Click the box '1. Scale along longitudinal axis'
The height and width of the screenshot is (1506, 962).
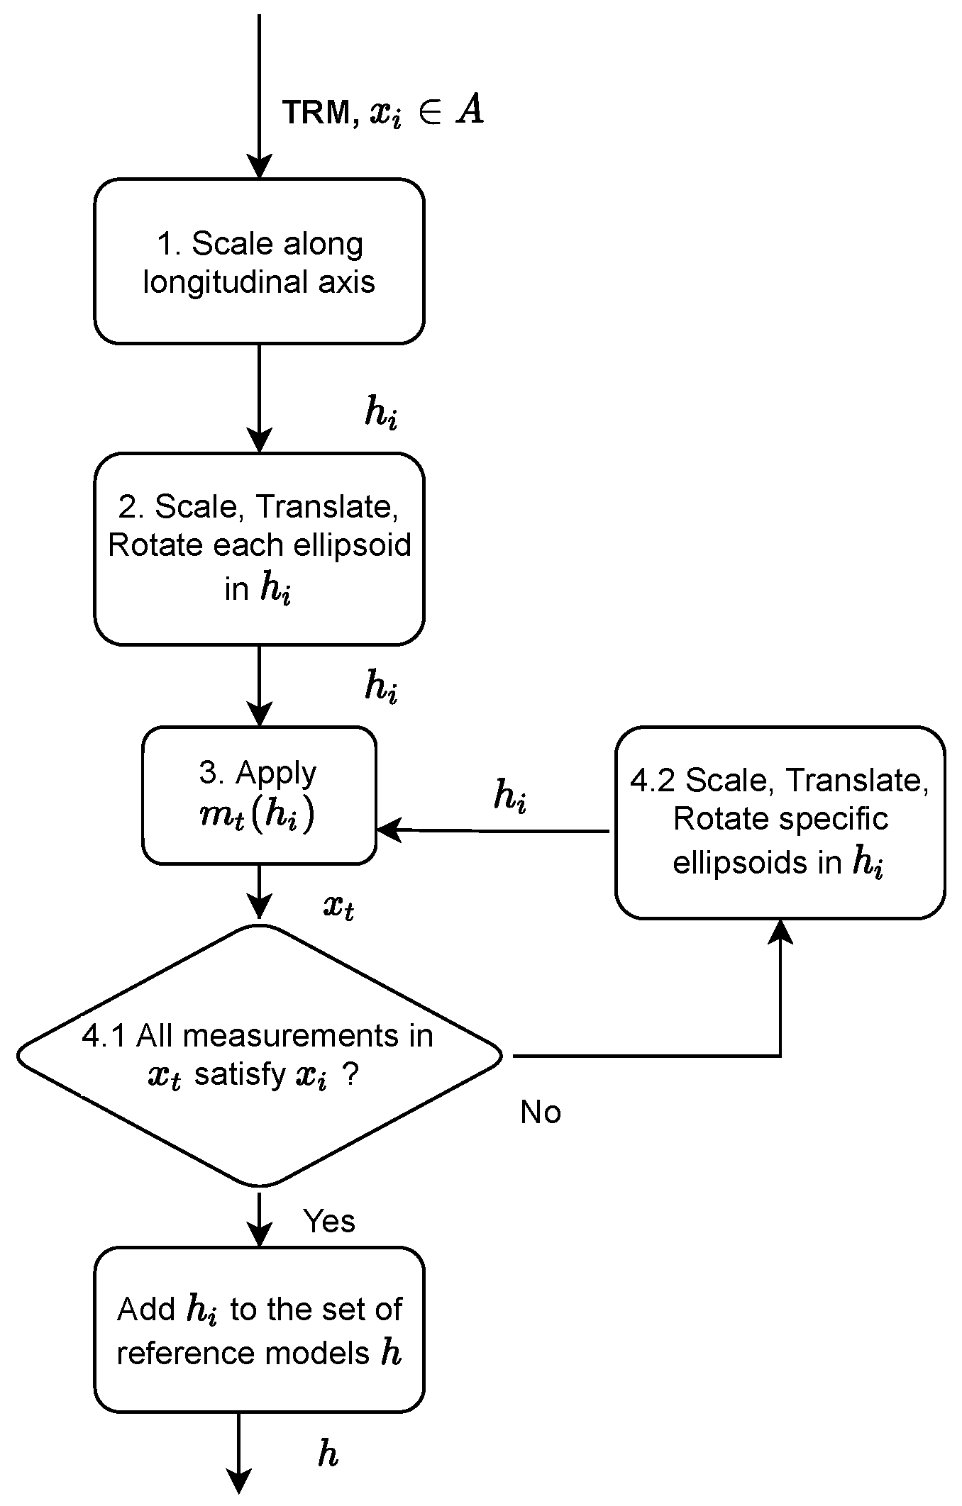click(259, 261)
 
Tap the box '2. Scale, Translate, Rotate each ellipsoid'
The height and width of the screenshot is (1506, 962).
click(259, 548)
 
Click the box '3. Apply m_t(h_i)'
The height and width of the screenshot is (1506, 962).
click(259, 795)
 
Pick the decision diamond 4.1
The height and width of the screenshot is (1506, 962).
click(259, 1055)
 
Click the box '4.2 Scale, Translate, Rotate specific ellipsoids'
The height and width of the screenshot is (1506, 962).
click(780, 822)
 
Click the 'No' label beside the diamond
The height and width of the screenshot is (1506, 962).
click(540, 1112)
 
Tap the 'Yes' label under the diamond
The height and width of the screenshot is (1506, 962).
click(329, 1221)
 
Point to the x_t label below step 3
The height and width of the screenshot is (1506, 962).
click(338, 906)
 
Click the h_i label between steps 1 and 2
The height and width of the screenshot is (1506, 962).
click(380, 413)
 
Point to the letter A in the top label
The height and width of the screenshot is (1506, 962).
click(469, 111)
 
